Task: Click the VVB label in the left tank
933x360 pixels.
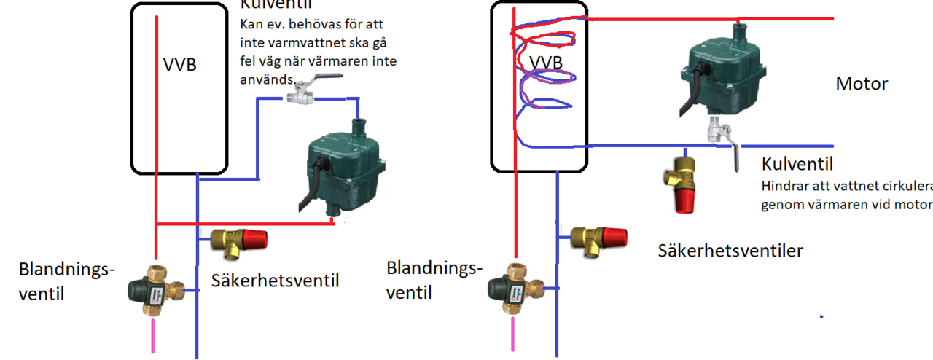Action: tap(179, 65)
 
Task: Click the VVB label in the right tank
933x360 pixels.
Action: tap(546, 61)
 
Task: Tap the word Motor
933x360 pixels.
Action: tap(862, 84)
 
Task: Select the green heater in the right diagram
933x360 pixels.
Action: tap(726, 74)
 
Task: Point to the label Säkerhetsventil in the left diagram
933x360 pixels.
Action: tap(276, 280)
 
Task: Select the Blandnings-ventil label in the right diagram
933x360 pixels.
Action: tap(434, 281)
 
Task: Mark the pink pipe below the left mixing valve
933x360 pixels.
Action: tap(153, 336)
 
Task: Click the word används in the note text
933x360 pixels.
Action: tap(266, 79)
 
